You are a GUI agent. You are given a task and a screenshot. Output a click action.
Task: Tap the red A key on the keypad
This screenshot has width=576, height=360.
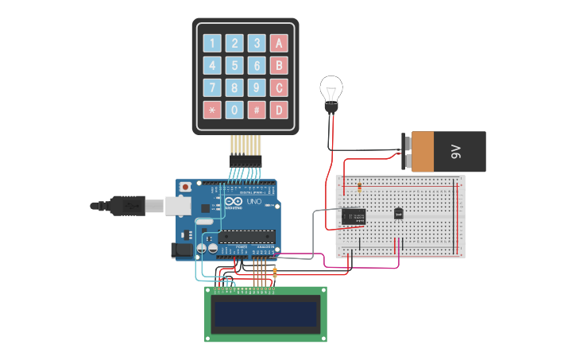tap(278, 43)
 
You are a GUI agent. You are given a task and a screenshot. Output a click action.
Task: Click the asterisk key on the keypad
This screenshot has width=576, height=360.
tap(212, 110)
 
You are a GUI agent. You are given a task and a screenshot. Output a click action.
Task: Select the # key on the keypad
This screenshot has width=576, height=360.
tap(256, 110)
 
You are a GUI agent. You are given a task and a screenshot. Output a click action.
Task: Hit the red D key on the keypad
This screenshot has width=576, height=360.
tap(278, 110)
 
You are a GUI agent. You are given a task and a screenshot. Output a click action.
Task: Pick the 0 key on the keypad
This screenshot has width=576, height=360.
tap(234, 110)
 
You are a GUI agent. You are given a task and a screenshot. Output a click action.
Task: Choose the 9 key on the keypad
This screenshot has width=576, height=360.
tap(256, 87)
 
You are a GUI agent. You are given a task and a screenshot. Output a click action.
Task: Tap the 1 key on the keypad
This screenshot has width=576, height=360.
tap(212, 43)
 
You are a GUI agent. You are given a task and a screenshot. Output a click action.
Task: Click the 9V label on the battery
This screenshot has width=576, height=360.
tap(456, 151)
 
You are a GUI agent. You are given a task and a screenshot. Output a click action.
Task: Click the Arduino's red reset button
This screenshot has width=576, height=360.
tap(186, 187)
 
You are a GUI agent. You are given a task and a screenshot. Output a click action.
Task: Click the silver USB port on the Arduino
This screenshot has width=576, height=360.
tap(176, 206)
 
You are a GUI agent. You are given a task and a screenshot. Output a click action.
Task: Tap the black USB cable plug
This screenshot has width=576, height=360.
tap(127, 206)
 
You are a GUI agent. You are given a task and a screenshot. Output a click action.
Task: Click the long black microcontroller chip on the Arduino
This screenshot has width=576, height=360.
tap(248, 235)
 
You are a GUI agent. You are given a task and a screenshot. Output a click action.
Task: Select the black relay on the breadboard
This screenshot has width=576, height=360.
tap(354, 215)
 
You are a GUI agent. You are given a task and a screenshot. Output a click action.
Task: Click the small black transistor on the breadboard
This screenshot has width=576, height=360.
tap(398, 213)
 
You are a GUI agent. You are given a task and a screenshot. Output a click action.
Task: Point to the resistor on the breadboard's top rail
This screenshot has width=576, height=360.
tap(359, 188)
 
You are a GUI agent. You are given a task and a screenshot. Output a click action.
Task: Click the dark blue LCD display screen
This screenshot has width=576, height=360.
tap(265, 313)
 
